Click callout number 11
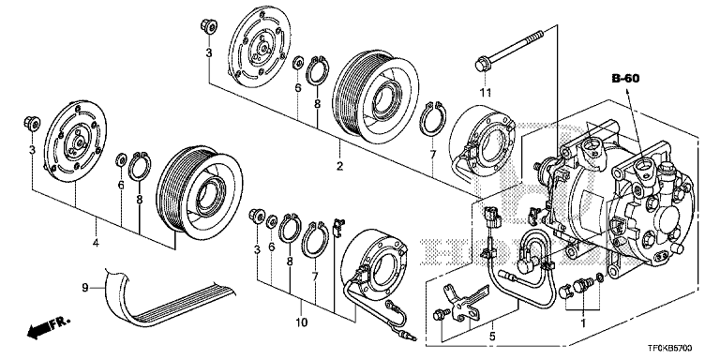(485, 92)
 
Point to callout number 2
(341, 167)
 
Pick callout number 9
(84, 287)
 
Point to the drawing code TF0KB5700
(682, 348)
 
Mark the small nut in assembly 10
(255, 218)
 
